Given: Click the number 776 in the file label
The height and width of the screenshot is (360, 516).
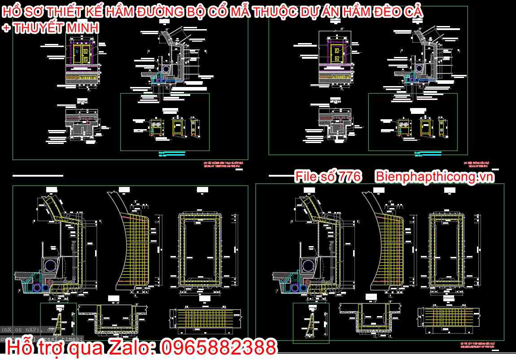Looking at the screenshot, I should click(349, 177).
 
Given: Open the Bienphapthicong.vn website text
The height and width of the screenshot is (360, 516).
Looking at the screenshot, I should click(434, 177).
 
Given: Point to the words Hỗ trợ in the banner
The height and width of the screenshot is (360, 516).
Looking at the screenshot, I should click(34, 347).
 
